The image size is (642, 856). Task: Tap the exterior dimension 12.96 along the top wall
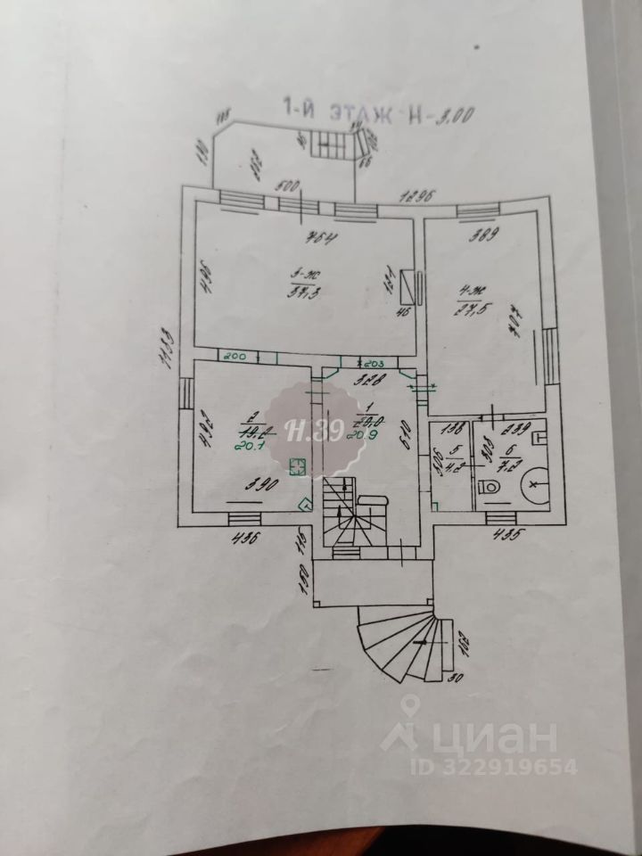coord(416,196)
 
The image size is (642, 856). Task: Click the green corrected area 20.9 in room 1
coord(367,433)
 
